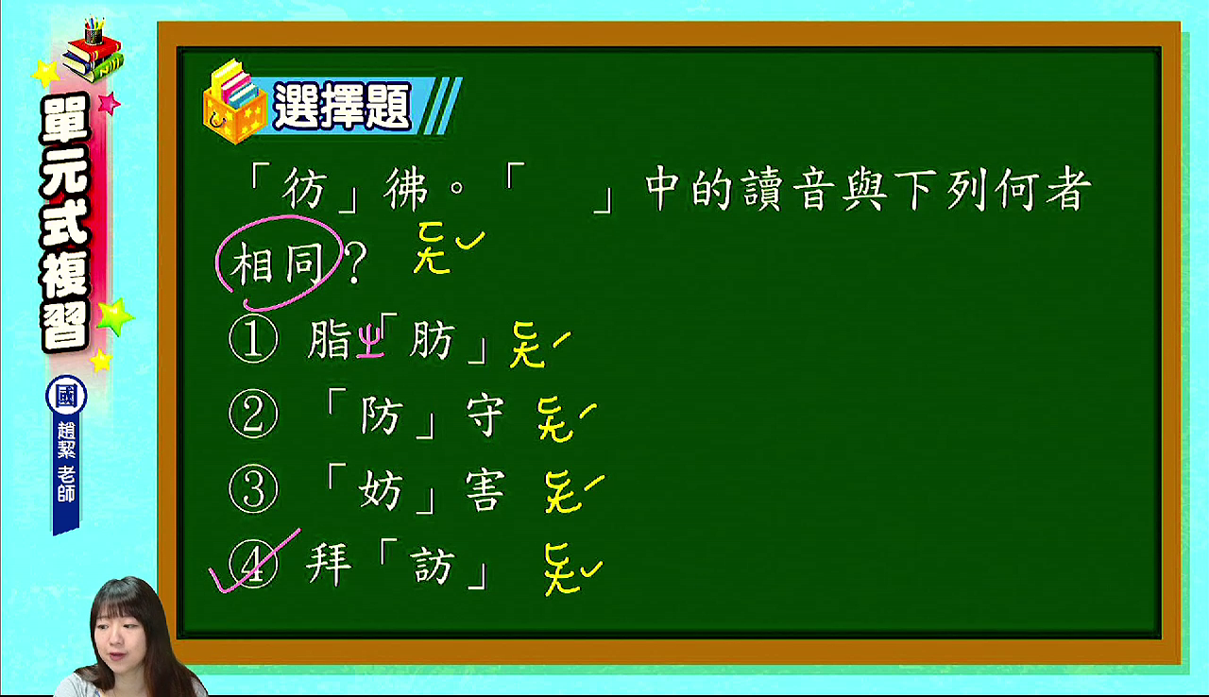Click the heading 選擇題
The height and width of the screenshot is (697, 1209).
pos(343,107)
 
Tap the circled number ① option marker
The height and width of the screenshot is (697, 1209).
pos(253,339)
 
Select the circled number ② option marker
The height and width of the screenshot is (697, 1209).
pos(253,414)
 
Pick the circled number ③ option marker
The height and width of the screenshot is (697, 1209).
pos(253,489)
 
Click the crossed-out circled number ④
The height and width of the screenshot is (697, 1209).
pos(253,564)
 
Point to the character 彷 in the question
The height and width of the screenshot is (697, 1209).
pos(305,189)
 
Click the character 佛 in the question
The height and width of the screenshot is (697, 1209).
pos(406,189)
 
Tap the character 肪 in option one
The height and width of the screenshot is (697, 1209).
pos(432,340)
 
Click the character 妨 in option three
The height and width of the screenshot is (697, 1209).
pos(380,490)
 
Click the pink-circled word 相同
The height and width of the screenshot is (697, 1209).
pos(278,263)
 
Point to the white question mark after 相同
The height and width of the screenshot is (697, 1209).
pos(355,263)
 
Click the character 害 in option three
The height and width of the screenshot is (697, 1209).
pos(485,490)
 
